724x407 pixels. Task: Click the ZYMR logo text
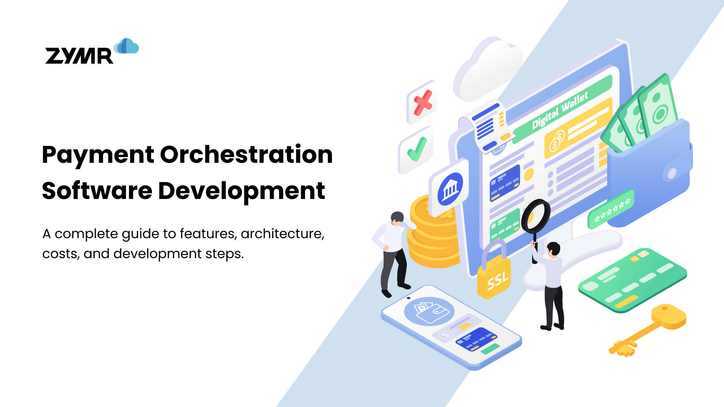click(79, 56)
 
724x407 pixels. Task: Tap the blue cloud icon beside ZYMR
click(127, 46)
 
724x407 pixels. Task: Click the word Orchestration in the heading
click(247, 155)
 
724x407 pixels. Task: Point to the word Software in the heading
click(97, 191)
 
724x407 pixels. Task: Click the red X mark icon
click(423, 103)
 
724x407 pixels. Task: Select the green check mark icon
click(417, 149)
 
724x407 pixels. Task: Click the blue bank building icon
click(450, 189)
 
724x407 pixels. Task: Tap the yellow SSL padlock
click(494, 277)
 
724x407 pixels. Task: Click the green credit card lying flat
click(632, 281)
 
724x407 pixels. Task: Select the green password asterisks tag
click(611, 210)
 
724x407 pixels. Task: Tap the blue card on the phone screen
click(476, 339)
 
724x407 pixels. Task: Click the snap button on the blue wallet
click(672, 173)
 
